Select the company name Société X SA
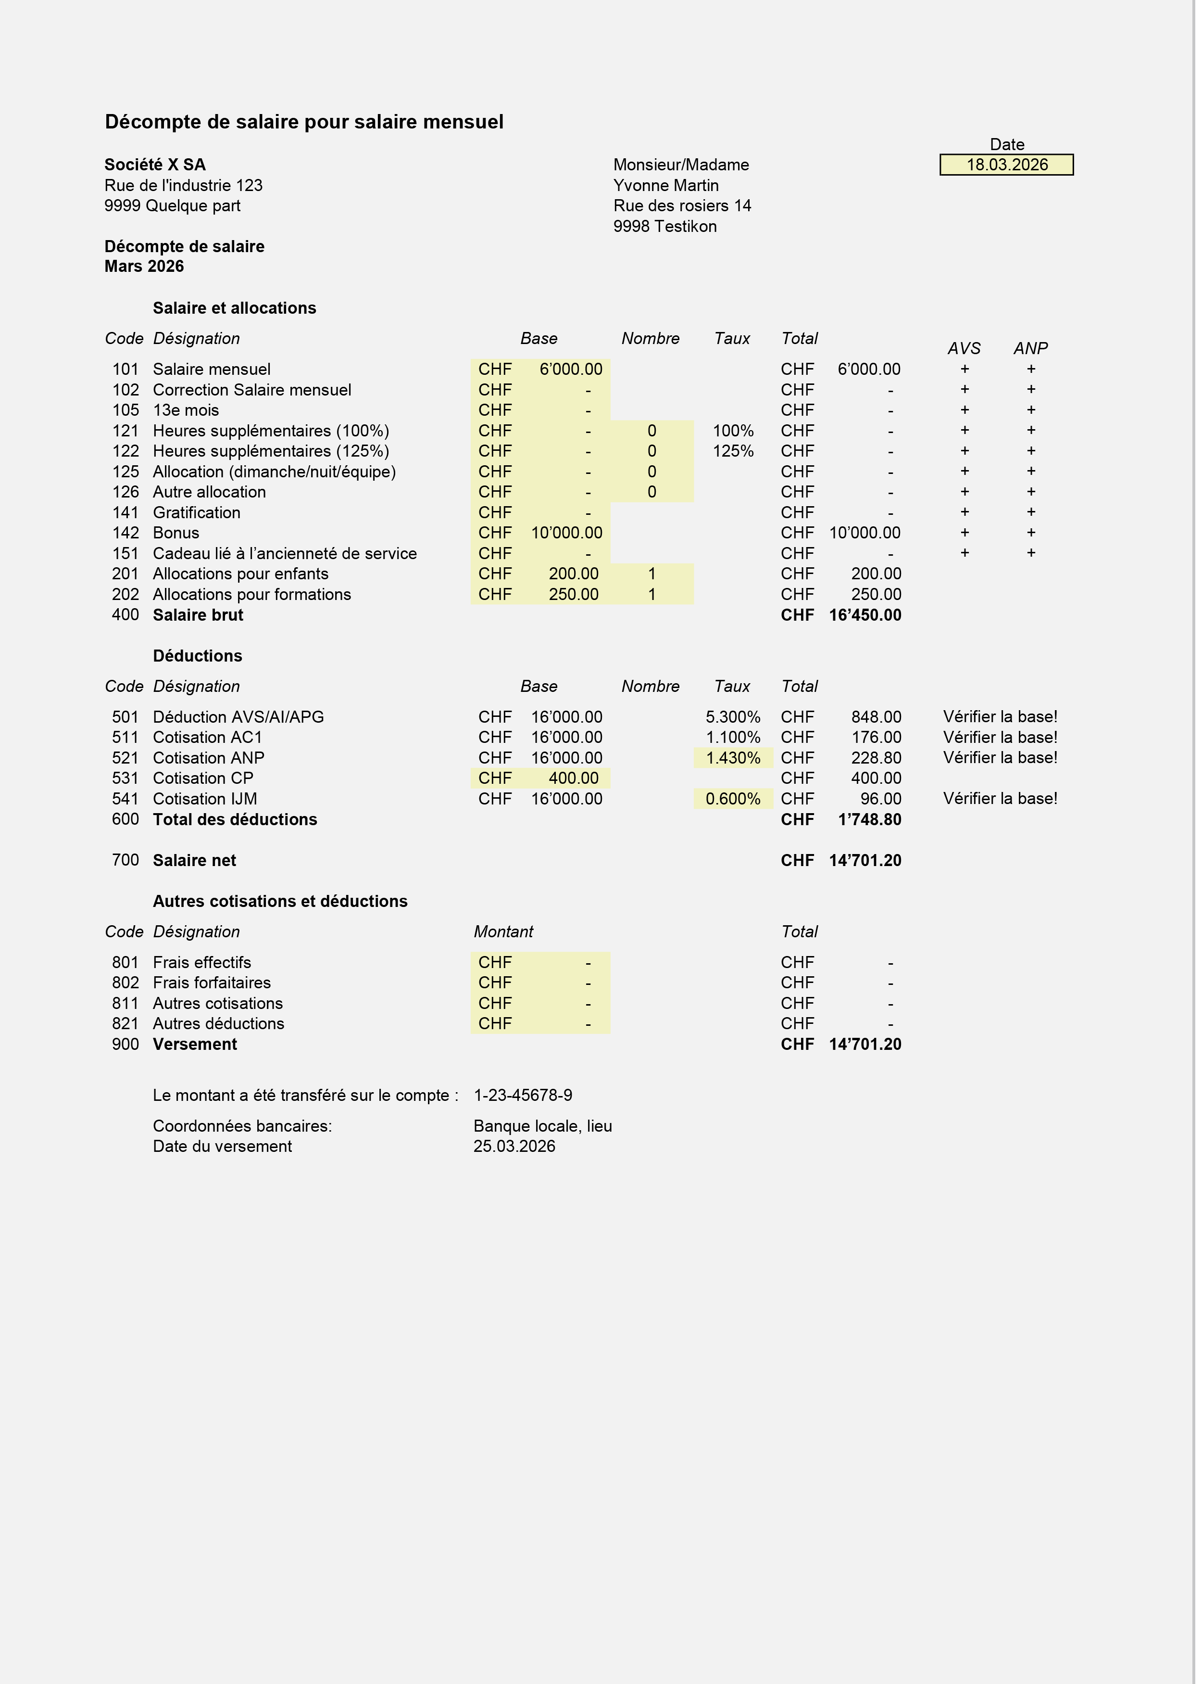(x=155, y=165)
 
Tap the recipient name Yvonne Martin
(x=665, y=185)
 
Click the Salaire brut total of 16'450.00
(x=864, y=614)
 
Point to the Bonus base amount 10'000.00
(x=566, y=533)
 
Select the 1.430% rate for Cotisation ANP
(x=733, y=758)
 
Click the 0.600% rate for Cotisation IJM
(x=733, y=798)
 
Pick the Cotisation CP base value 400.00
(x=574, y=778)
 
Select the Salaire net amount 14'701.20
(x=864, y=860)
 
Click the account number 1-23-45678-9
(x=523, y=1095)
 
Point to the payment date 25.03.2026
(x=514, y=1146)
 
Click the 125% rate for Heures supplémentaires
(x=733, y=451)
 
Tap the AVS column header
(x=964, y=348)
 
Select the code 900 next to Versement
(x=125, y=1044)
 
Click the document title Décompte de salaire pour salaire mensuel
(x=303, y=121)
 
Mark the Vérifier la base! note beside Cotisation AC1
(x=1000, y=737)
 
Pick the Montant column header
(x=503, y=931)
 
